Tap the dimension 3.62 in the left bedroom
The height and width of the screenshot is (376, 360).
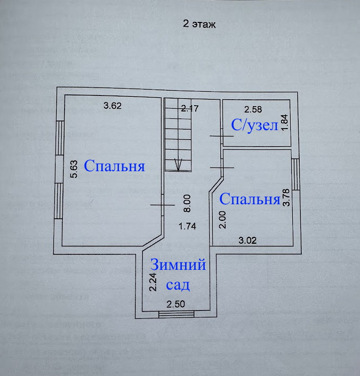coord(113,106)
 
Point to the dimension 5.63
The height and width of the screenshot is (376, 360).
coord(75,169)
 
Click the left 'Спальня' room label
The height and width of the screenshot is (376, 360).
coord(114,166)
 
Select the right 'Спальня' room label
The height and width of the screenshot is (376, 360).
coord(250,199)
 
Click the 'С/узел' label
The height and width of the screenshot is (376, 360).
coord(254,126)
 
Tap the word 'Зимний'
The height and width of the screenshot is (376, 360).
coord(178,265)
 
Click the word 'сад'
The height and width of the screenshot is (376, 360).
coord(178,285)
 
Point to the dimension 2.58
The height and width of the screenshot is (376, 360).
coord(253,110)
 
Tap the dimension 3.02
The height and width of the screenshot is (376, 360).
coord(247,240)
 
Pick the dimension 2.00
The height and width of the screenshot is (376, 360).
coord(223,220)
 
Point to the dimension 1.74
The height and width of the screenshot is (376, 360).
coord(188,226)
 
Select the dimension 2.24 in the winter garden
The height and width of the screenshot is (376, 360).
coord(153,282)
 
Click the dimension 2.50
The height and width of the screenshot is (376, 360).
coord(177,305)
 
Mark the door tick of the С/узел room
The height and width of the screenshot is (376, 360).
coord(221,137)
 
